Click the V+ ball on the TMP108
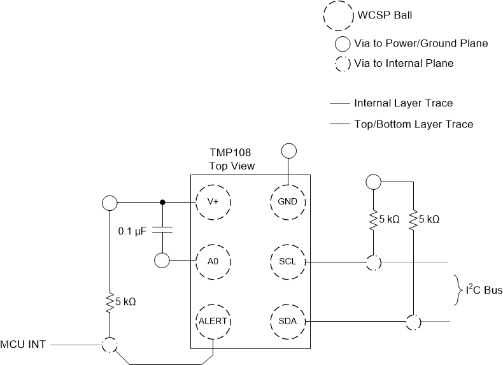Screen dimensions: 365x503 (x=213, y=202)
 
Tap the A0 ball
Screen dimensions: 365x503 (x=213, y=261)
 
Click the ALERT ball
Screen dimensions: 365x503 (x=213, y=321)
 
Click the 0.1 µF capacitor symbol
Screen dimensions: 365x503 (x=163, y=230)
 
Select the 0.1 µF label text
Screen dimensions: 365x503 (x=133, y=231)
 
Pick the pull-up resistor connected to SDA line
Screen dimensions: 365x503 (x=414, y=220)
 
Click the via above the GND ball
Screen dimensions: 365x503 (x=288, y=150)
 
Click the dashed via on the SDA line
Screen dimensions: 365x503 (x=414, y=322)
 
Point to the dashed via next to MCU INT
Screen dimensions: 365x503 (x=110, y=345)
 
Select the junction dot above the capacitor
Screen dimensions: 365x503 (x=163, y=203)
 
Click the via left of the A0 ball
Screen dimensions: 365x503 (x=163, y=261)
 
